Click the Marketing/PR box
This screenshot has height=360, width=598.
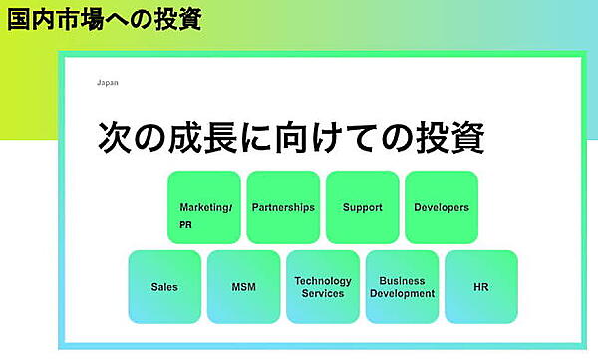pos(204,208)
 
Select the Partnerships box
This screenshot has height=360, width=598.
pos(283,208)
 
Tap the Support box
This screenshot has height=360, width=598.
pos(362,208)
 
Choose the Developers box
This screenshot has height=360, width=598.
pos(442,208)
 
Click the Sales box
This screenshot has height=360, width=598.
pos(164,287)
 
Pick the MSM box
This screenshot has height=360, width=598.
pos(243,287)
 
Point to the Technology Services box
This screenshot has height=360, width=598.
pos(323,287)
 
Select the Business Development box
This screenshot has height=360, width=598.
pos(402,287)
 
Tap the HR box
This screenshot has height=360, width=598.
pos(481,287)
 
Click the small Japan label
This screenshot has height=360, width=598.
pos(107,83)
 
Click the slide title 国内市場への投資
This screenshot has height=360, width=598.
pos(104,19)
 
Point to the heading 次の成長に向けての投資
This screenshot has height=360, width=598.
pos(291,138)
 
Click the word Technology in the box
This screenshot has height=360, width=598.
pos(323,281)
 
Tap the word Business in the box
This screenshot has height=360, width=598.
pos(403,281)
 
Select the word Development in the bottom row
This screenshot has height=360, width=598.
pos(403,294)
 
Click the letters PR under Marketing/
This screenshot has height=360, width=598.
pos(186,225)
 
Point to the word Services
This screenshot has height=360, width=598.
pos(323,294)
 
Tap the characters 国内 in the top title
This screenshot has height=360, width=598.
pos(31,19)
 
